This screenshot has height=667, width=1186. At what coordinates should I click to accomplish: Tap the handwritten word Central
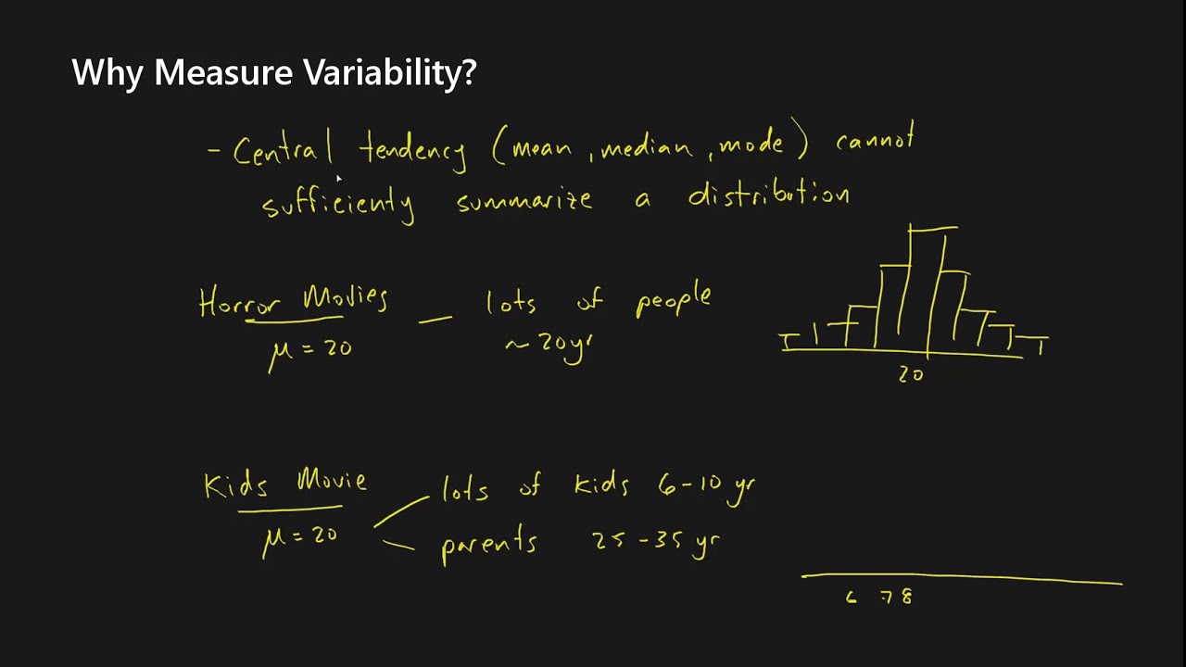(283, 151)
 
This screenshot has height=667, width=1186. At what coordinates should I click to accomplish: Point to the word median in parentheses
(646, 147)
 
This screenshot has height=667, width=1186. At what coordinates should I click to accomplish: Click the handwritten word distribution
(768, 195)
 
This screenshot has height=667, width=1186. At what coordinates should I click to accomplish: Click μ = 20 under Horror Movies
(310, 350)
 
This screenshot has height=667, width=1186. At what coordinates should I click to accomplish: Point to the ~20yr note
(548, 346)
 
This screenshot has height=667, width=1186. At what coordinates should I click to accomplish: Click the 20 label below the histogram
(911, 374)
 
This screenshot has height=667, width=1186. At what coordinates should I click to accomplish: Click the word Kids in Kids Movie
(235, 485)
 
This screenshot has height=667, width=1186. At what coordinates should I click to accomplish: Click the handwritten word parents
(488, 544)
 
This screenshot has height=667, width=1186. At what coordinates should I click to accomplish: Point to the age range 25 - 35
(637, 540)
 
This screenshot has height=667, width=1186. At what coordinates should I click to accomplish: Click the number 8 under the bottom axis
(906, 598)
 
